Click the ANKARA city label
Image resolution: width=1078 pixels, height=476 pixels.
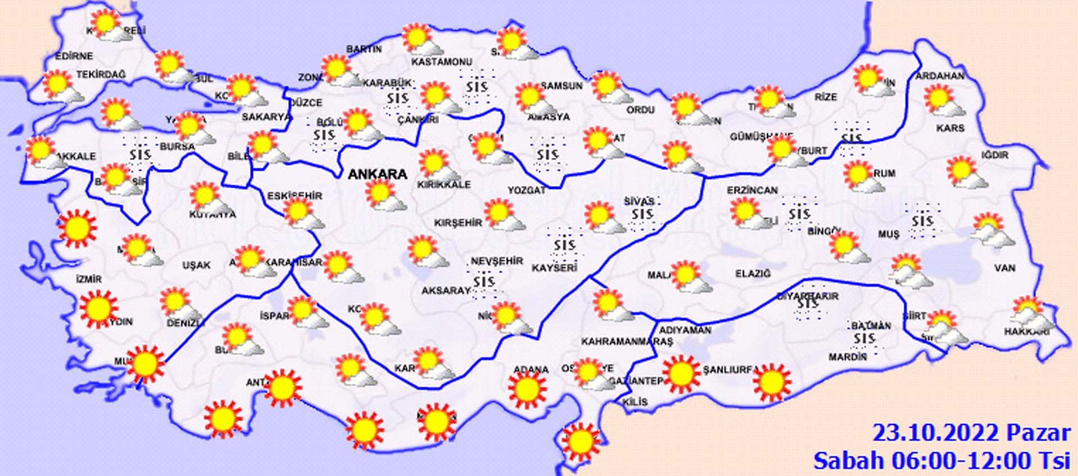[x=377, y=174]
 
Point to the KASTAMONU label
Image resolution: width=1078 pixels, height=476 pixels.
[x=442, y=62]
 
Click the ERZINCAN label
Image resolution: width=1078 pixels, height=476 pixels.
[x=752, y=191]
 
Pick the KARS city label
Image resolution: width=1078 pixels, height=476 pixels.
[x=950, y=128]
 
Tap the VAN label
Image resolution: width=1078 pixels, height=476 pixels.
[x=1005, y=268]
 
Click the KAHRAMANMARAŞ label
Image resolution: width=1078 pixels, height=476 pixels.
[x=627, y=341]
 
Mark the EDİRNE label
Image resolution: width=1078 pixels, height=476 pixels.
[x=74, y=56]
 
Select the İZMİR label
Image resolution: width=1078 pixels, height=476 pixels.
[x=89, y=279]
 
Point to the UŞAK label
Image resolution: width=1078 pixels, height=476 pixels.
[x=197, y=265]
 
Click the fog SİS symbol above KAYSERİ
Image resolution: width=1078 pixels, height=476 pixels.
[x=564, y=245]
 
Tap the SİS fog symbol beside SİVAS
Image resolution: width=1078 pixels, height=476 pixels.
[x=642, y=214]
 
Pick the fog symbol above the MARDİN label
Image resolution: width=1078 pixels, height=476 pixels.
[x=864, y=338]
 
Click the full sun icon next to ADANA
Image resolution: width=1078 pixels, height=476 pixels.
[x=527, y=389]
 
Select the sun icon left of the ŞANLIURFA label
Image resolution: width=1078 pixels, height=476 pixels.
[x=681, y=373]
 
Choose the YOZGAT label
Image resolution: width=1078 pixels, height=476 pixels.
[x=527, y=191]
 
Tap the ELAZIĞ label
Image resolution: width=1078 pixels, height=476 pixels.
[x=753, y=274]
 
